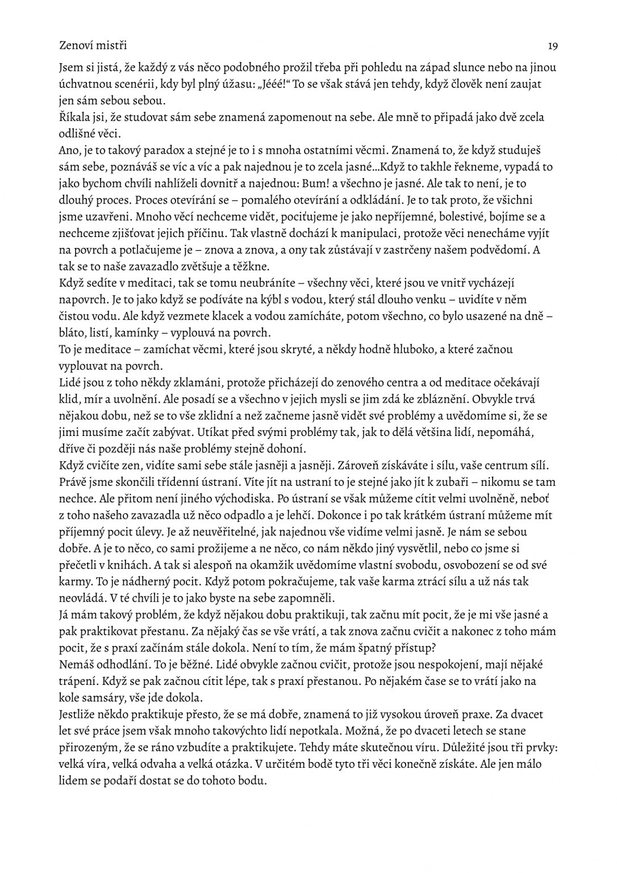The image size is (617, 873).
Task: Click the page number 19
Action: (552, 45)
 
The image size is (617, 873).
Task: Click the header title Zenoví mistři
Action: (93, 45)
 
